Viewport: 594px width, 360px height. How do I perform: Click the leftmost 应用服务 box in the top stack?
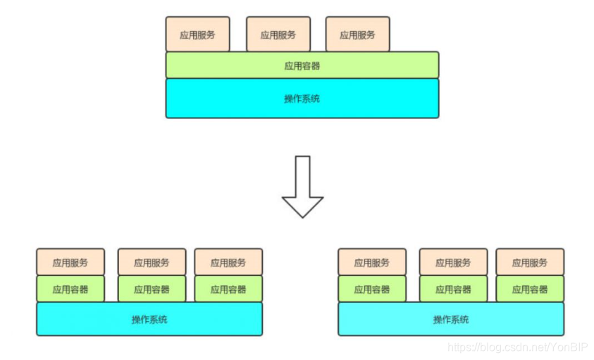point(197,35)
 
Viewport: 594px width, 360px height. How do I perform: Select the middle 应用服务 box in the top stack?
point(278,35)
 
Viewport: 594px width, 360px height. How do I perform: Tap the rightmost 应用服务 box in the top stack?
point(357,35)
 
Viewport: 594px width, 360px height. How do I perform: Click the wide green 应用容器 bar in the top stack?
point(302,66)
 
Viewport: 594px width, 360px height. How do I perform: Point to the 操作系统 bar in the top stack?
point(302,98)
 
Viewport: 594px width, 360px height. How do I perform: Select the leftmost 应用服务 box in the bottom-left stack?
point(70,262)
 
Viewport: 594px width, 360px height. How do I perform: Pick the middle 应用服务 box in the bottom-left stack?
point(151,262)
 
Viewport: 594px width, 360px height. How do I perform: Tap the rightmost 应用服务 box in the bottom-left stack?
point(228,262)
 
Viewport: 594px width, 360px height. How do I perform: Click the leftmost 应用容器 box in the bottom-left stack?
point(70,289)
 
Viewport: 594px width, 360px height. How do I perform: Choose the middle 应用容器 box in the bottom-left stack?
point(151,289)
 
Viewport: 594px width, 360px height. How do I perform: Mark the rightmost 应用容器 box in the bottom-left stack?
point(228,289)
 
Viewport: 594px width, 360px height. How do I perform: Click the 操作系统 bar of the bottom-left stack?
point(149,319)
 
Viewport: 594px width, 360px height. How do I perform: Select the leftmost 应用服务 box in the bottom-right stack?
point(372,262)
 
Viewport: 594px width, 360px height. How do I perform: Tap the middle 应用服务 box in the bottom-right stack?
point(453,262)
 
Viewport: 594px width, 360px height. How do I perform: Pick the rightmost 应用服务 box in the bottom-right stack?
point(530,262)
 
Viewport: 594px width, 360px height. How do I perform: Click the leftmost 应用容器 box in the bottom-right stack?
point(372,289)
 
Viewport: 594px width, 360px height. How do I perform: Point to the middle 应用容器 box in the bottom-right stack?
point(453,289)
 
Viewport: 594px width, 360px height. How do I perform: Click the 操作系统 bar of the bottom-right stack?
point(451,319)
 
